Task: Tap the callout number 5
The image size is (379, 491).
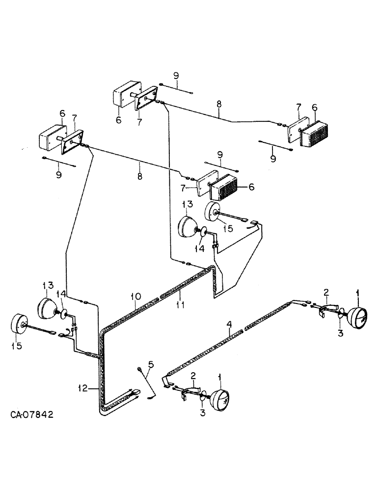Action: pyautogui.click(x=151, y=364)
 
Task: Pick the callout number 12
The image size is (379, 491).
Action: pyautogui.click(x=82, y=388)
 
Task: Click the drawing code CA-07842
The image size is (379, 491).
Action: pyautogui.click(x=32, y=414)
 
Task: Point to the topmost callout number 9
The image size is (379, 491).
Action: pyautogui.click(x=176, y=76)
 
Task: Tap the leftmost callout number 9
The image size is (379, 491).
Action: pyautogui.click(x=58, y=175)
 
